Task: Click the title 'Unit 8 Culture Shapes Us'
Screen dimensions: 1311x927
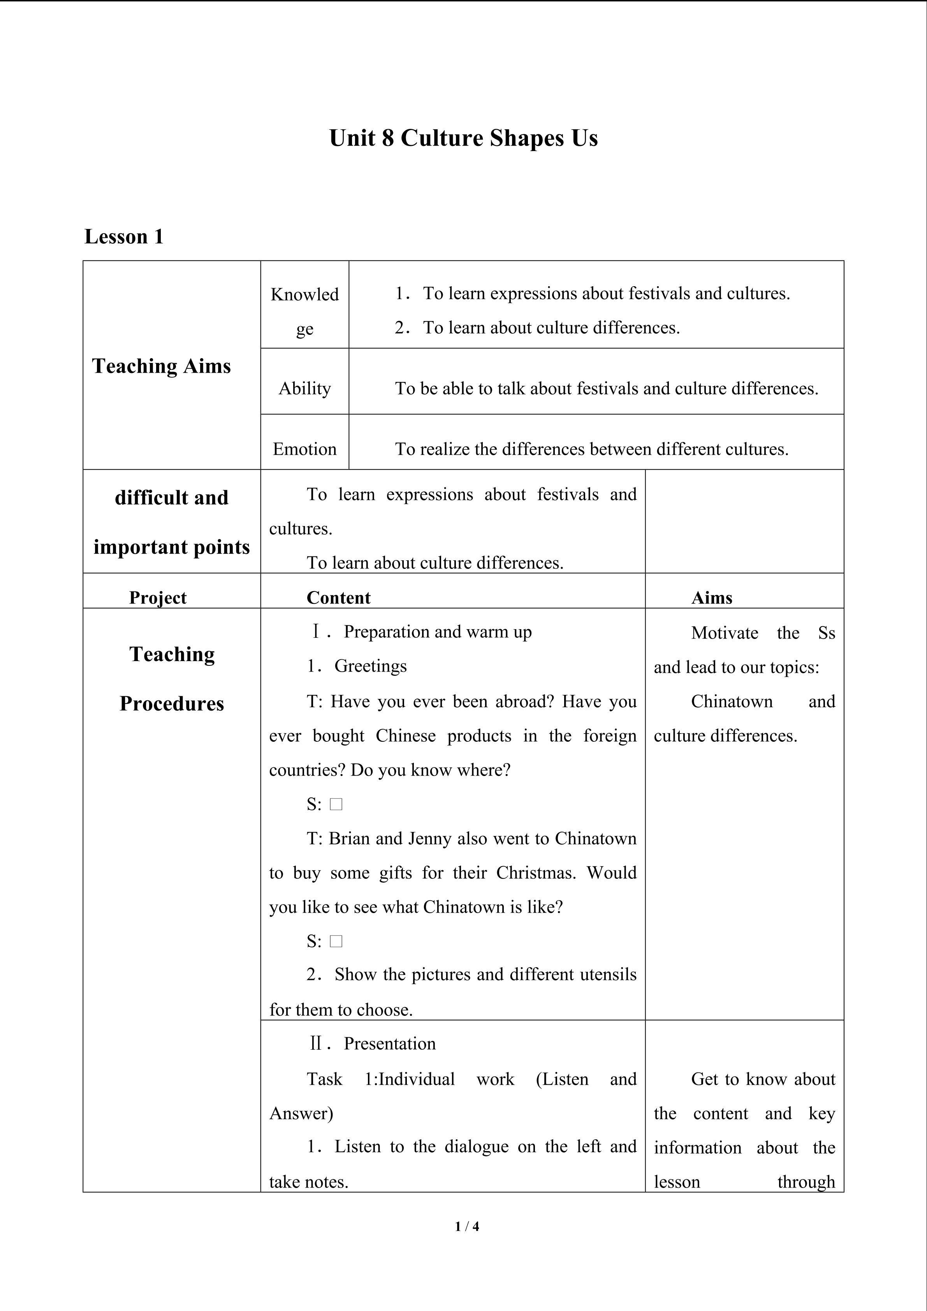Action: click(x=463, y=138)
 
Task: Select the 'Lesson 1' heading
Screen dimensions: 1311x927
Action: click(x=124, y=236)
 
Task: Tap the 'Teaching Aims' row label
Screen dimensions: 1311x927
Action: click(x=162, y=366)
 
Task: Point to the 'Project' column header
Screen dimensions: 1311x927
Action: click(x=158, y=597)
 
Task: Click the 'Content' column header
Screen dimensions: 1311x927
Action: click(x=338, y=597)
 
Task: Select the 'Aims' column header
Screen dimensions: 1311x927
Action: click(x=712, y=597)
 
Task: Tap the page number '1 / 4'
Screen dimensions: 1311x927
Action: click(x=467, y=1226)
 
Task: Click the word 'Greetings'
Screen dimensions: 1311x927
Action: click(x=371, y=666)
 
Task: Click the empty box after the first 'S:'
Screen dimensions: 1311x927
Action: click(x=336, y=804)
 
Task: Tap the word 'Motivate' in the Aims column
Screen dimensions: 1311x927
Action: click(x=725, y=633)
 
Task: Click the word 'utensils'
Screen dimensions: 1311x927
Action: click(x=608, y=974)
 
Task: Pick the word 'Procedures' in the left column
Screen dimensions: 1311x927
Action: click(x=172, y=704)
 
